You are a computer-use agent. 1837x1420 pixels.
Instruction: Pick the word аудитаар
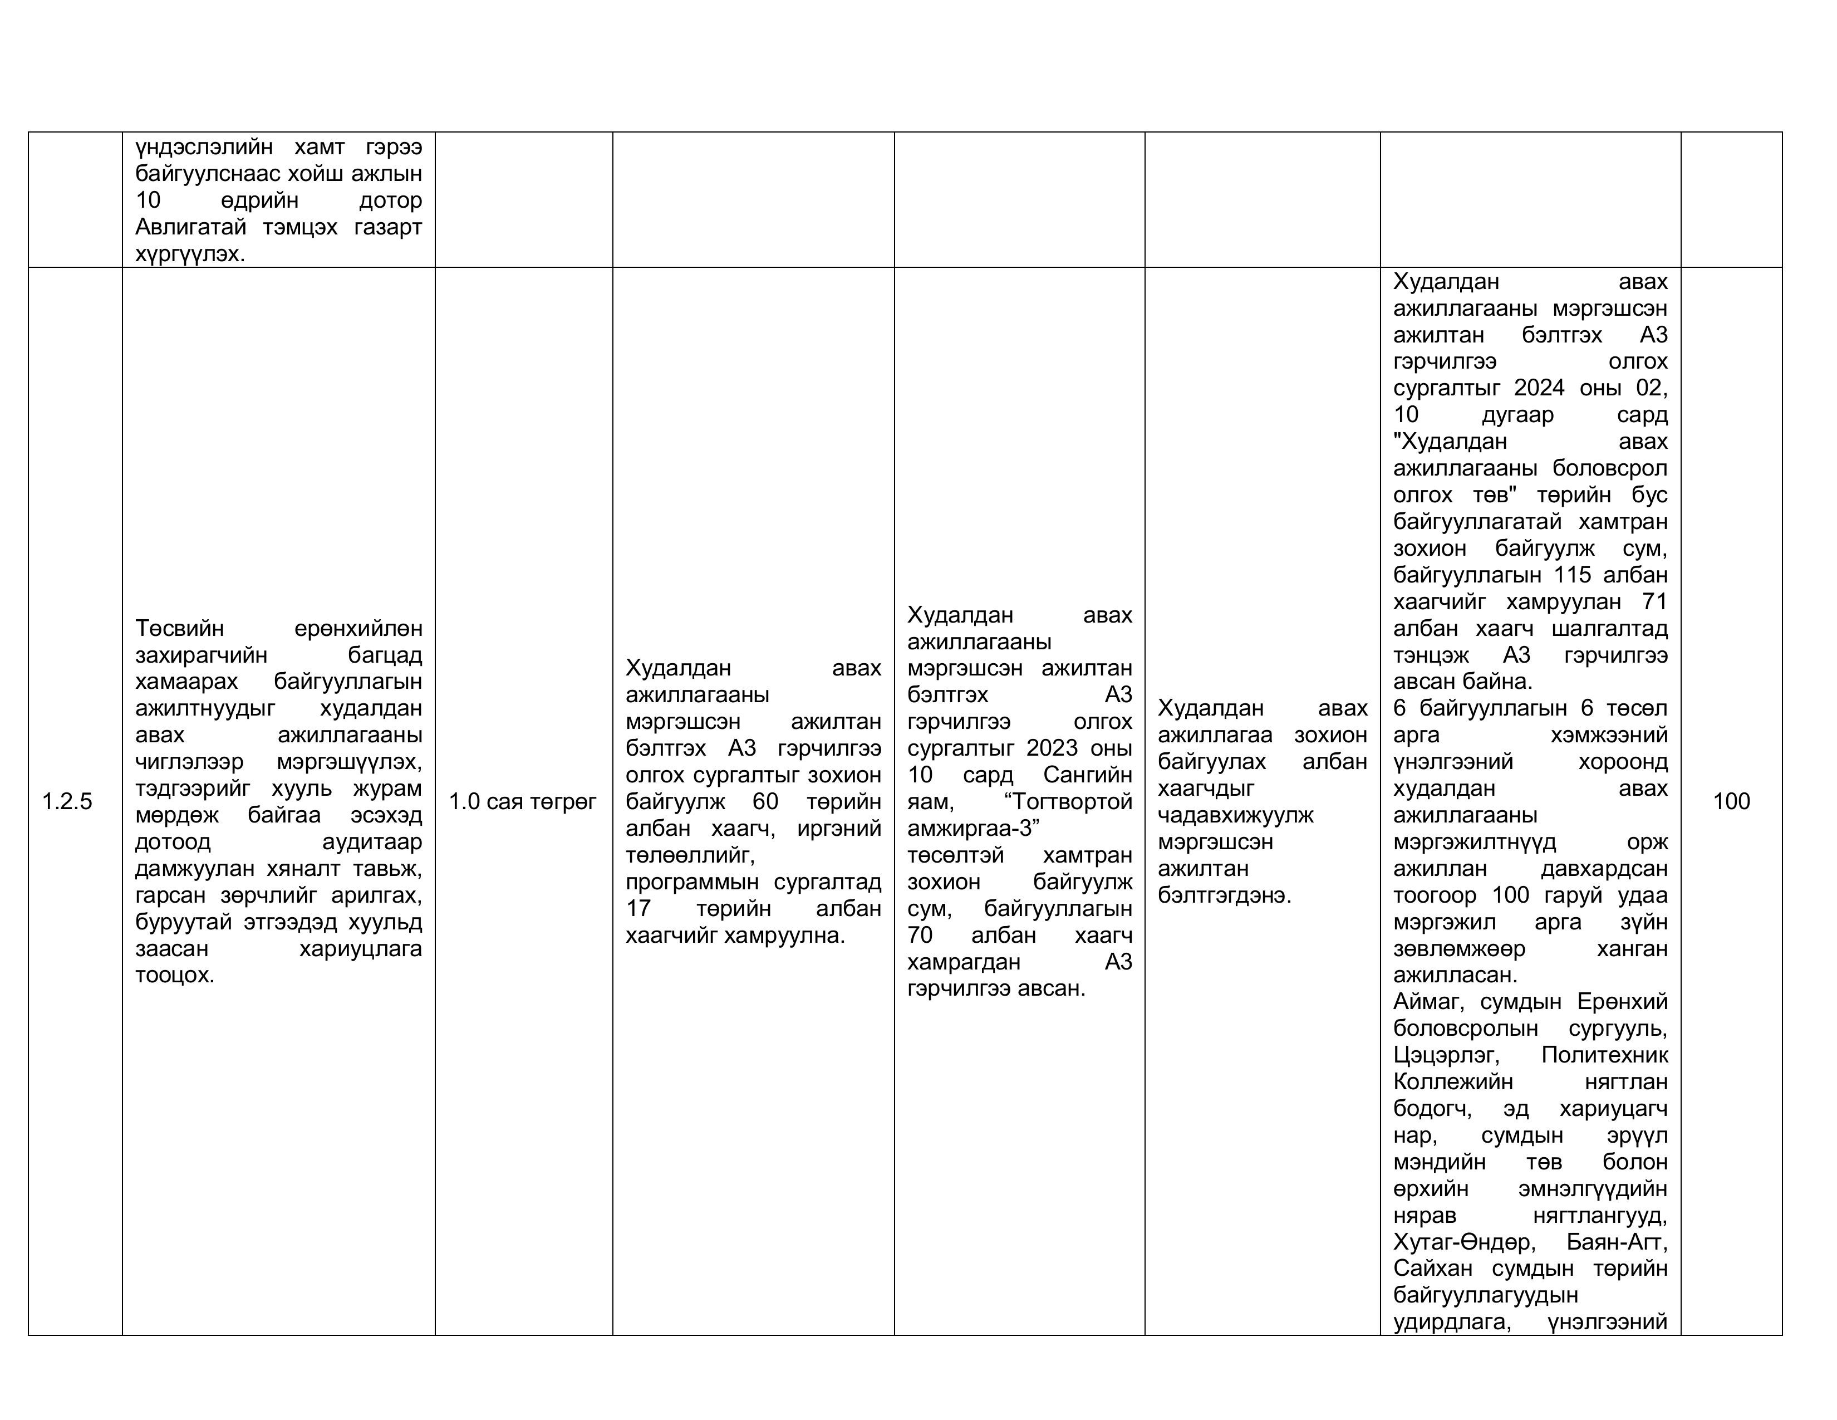[x=372, y=841]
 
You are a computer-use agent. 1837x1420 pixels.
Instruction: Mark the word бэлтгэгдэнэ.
[x=1224, y=894]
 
